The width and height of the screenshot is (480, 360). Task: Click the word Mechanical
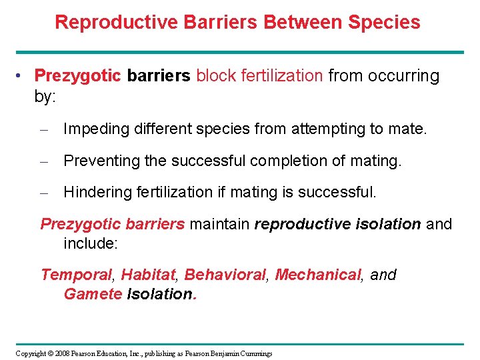pos(317,275)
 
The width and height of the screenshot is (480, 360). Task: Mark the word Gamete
pos(93,294)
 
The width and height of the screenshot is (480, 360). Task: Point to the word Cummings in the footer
pos(255,353)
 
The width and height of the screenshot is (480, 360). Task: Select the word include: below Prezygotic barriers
pos(90,243)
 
